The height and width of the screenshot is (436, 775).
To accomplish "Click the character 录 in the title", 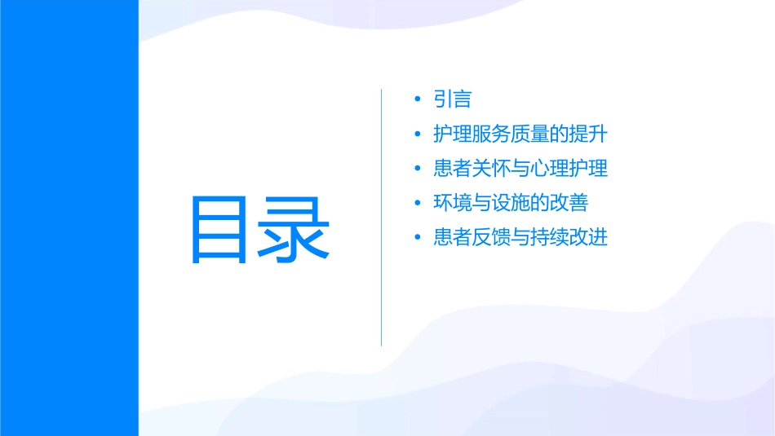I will pyautogui.click(x=294, y=229).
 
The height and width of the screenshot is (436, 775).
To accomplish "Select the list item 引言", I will pyautogui.click(x=453, y=99).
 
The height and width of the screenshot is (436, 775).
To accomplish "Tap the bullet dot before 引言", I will pyautogui.click(x=418, y=99).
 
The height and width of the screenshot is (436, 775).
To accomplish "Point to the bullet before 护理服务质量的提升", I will pyautogui.click(x=418, y=134).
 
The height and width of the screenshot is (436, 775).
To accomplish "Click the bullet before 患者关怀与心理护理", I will pyautogui.click(x=418, y=170).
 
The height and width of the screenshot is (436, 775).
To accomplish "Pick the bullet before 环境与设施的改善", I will pyautogui.click(x=418, y=204).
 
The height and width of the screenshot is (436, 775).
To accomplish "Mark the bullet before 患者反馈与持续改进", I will pyautogui.click(x=418, y=239).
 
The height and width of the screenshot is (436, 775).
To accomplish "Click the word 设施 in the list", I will pyautogui.click(x=511, y=204).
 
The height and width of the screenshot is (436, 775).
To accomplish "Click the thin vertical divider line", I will pyautogui.click(x=382, y=217).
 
